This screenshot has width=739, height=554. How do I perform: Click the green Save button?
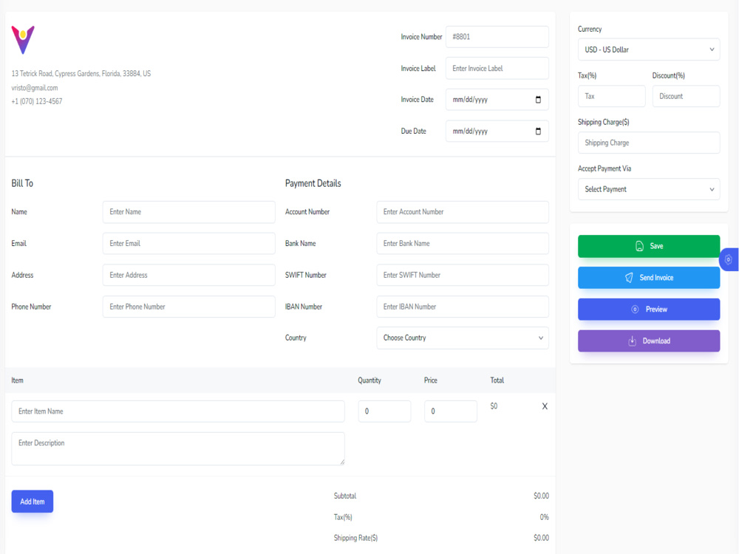[x=648, y=246]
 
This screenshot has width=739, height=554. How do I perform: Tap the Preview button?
[x=648, y=310]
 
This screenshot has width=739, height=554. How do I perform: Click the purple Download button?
[x=648, y=341]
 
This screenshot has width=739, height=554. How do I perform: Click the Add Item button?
[x=32, y=502]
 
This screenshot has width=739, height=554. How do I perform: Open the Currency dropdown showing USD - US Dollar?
[x=648, y=49]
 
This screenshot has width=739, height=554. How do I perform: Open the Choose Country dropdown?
[x=462, y=338]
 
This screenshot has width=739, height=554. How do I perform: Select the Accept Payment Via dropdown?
[x=648, y=189]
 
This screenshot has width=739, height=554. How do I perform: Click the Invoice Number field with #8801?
[x=497, y=37]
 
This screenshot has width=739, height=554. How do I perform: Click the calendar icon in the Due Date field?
[x=538, y=131]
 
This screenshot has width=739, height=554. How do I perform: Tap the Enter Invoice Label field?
[x=497, y=68]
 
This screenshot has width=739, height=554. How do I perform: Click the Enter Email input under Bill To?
[x=188, y=243]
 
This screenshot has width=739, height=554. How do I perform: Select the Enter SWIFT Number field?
[x=462, y=275]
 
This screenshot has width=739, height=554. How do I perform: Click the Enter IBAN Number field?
[x=462, y=307]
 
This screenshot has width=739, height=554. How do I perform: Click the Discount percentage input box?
[x=685, y=96]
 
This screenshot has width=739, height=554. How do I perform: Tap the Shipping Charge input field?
[x=648, y=143]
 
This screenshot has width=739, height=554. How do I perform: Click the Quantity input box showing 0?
[x=384, y=411]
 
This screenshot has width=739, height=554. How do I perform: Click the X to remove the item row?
[x=545, y=406]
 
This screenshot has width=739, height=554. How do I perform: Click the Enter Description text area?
[x=177, y=448]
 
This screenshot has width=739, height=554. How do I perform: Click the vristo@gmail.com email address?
[x=35, y=88]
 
